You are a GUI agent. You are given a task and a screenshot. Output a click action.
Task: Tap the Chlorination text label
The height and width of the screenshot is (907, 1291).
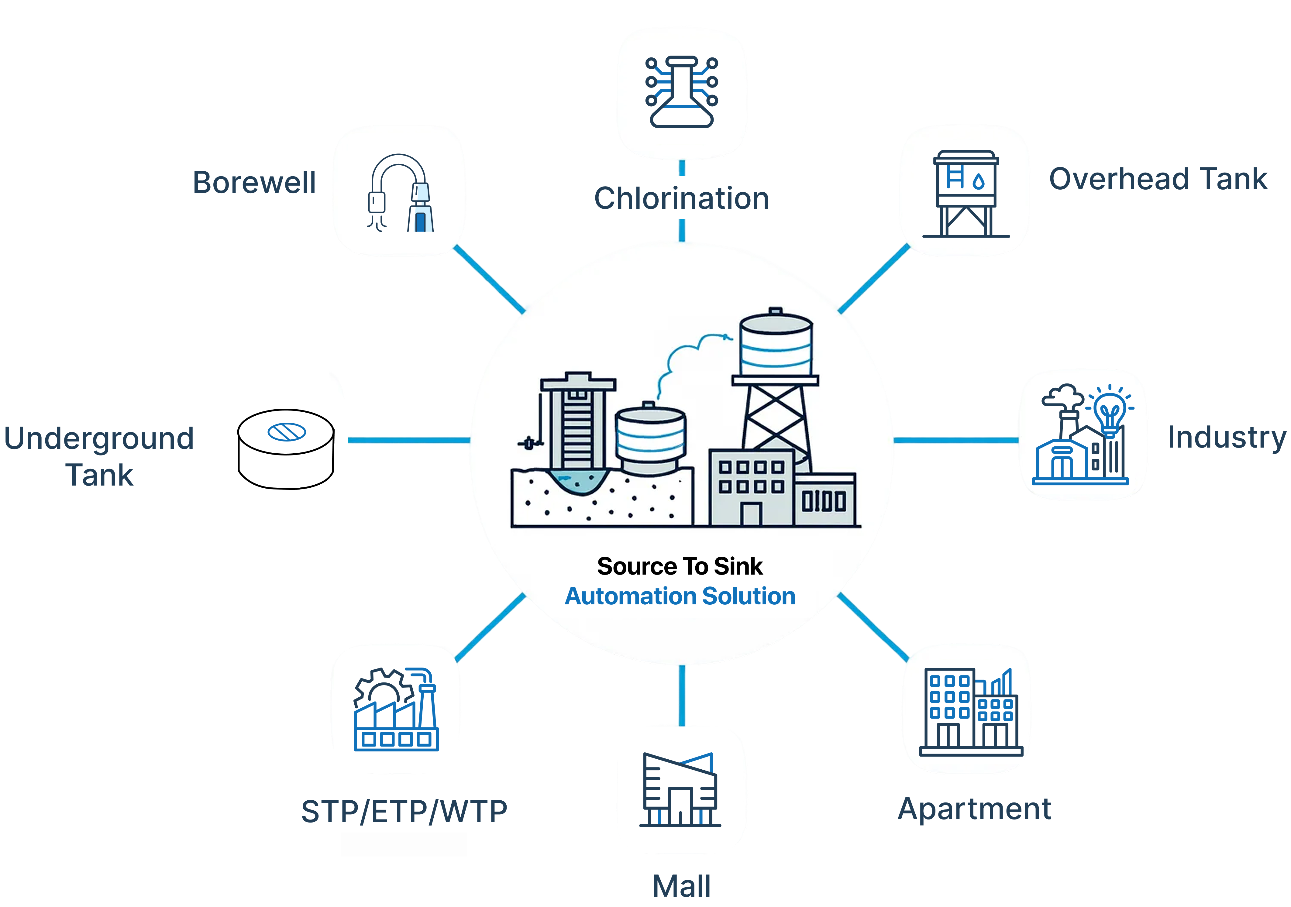tap(681, 198)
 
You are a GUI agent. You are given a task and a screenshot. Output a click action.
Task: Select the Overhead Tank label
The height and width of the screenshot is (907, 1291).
tap(1158, 178)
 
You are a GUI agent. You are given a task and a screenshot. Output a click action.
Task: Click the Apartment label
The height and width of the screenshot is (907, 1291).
tap(974, 808)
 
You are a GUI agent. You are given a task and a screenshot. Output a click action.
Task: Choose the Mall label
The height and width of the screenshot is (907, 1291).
tap(681, 886)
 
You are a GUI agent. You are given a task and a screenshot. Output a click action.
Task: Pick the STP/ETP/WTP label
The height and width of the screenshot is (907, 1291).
tap(404, 811)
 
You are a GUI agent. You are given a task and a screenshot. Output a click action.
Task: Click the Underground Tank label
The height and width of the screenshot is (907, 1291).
tap(99, 456)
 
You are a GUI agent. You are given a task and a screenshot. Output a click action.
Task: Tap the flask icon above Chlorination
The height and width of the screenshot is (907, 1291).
tap(681, 92)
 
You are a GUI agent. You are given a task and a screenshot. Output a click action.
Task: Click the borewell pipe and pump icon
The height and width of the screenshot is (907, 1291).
tap(399, 192)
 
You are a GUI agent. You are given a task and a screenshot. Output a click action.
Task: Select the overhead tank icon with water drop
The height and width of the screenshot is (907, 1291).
tap(966, 192)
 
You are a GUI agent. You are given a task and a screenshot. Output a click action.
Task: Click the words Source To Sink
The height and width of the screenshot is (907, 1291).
tap(680, 566)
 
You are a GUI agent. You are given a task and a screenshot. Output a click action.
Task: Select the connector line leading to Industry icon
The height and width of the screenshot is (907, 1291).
tap(956, 440)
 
